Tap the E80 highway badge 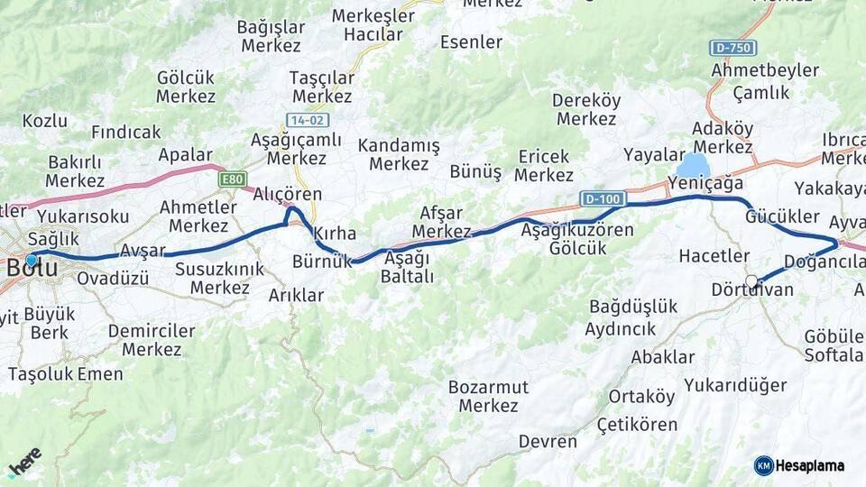click(233, 179)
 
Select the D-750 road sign click(732, 48)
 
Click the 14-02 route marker click(308, 120)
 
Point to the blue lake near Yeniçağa click(693, 166)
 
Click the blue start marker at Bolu click(32, 260)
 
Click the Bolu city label click(32, 269)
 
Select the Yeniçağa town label click(705, 183)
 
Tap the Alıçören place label click(287, 194)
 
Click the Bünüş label click(475, 172)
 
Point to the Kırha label click(335, 234)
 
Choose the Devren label click(548, 441)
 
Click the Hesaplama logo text click(810, 465)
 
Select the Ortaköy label click(641, 397)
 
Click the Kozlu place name click(45, 120)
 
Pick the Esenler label click(471, 41)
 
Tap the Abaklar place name click(662, 356)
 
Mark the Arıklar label click(296, 295)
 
